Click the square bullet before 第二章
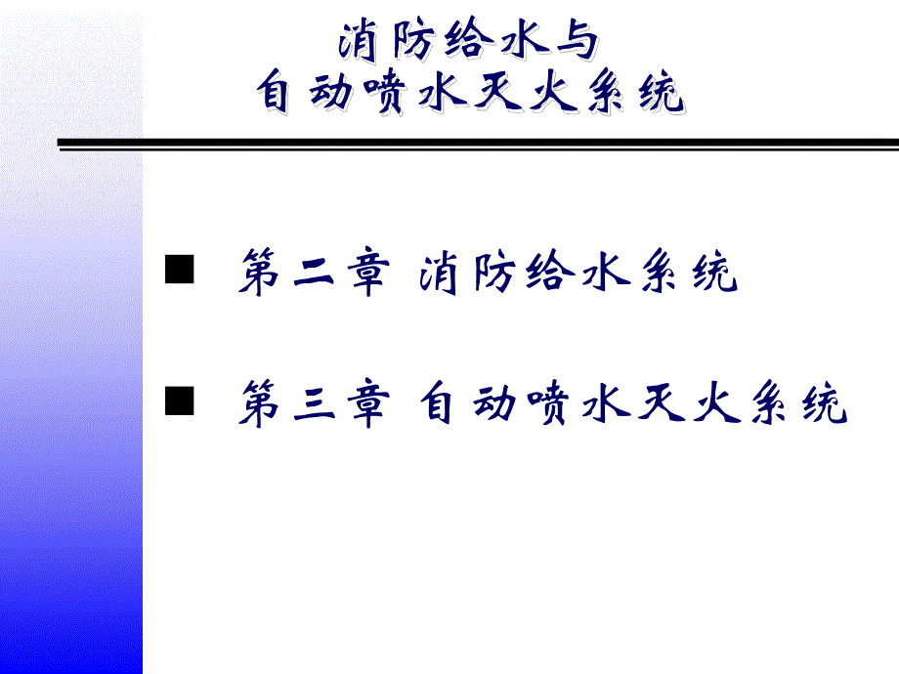point(179,271)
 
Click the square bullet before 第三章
point(179,401)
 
